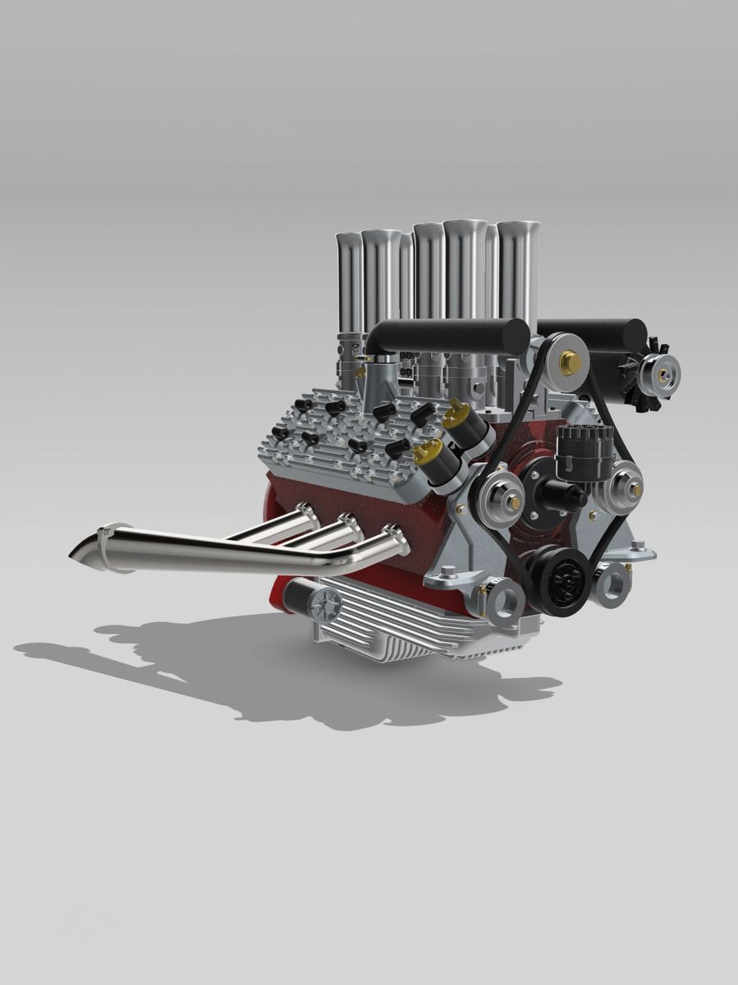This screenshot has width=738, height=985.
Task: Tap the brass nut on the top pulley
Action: pyautogui.click(x=568, y=360)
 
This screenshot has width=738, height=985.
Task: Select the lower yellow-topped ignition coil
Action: pyautogui.click(x=439, y=460)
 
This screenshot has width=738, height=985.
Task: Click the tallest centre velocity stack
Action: pyautogui.click(x=465, y=271)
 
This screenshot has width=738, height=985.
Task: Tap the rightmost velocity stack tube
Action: pyautogui.click(x=517, y=271)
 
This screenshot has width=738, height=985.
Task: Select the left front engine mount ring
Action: pyautogui.click(x=507, y=598)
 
